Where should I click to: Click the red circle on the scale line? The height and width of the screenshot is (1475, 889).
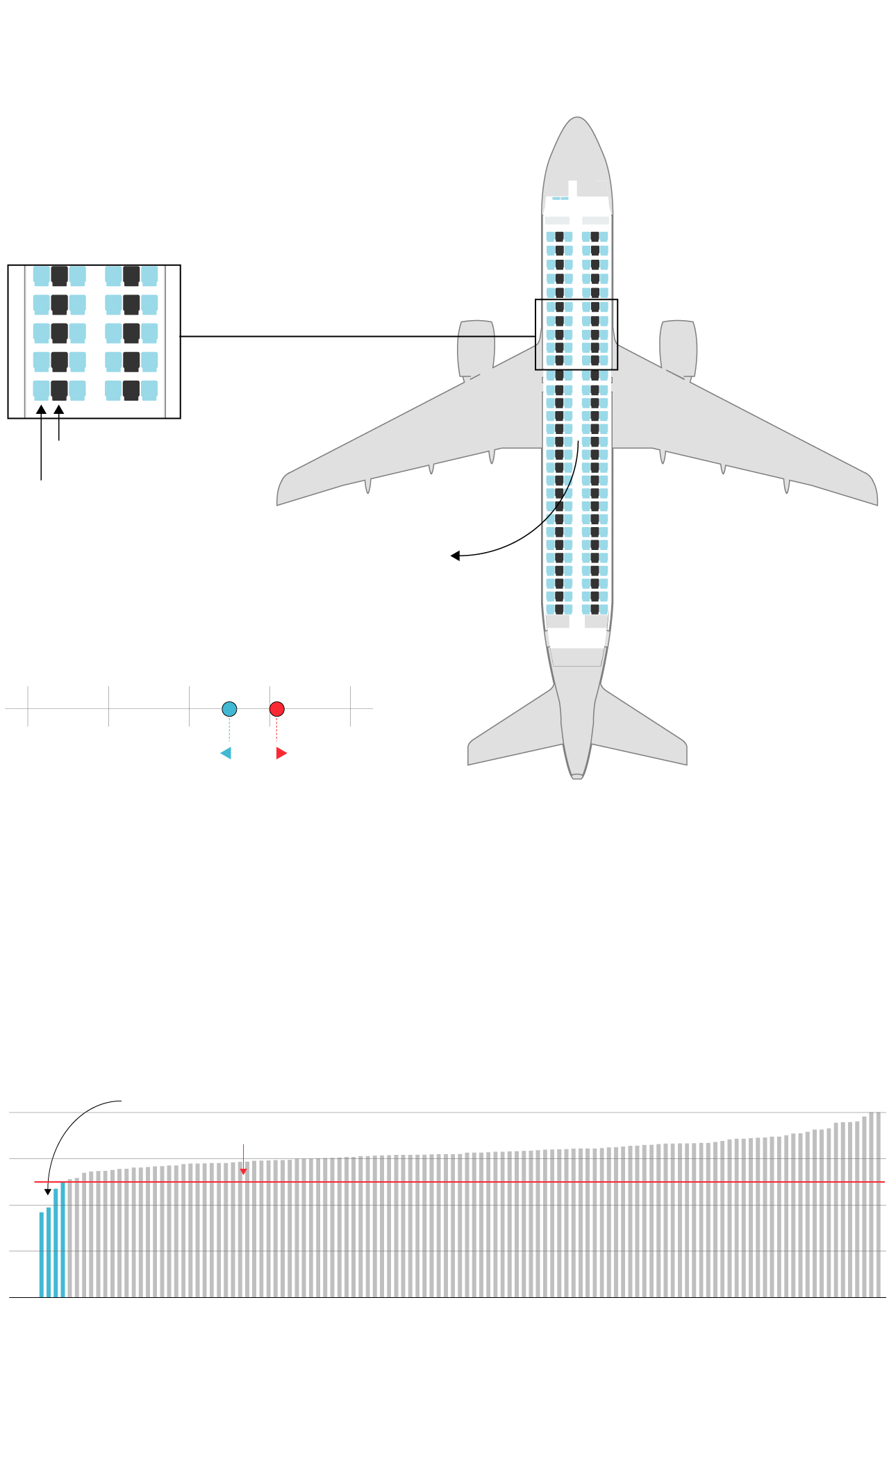click(x=276, y=709)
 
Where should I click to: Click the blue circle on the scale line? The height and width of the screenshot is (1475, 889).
click(x=229, y=709)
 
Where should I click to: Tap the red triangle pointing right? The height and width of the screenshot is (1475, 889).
click(x=281, y=753)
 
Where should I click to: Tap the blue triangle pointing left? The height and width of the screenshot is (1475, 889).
click(x=226, y=753)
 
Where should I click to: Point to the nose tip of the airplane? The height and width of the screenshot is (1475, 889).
click(x=577, y=119)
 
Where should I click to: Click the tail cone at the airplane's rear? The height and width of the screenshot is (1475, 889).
click(x=577, y=775)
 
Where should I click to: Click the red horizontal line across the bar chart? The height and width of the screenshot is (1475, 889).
click(x=486, y=1182)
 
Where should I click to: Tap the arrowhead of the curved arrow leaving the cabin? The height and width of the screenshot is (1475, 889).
click(x=455, y=556)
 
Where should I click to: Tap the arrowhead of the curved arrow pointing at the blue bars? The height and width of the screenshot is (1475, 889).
click(x=48, y=1192)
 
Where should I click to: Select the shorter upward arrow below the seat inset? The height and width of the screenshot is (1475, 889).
click(x=59, y=423)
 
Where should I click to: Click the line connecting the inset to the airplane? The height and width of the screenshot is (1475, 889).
click(x=358, y=337)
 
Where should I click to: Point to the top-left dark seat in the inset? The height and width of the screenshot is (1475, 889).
click(x=59, y=276)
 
